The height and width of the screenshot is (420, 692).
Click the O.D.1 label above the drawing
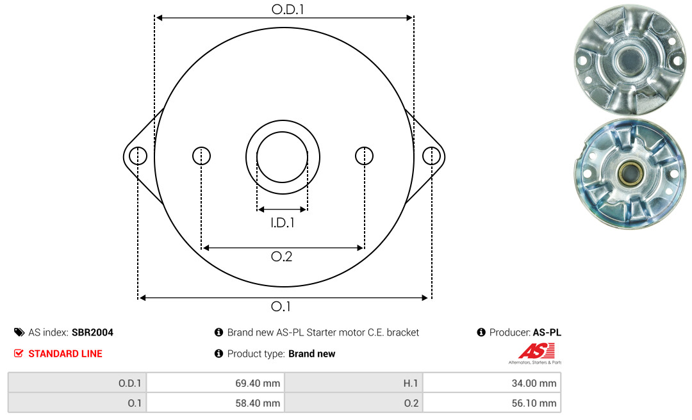click(x=288, y=9)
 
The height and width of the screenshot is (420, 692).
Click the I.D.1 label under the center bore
click(x=283, y=223)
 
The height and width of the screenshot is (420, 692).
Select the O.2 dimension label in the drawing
click(x=281, y=256)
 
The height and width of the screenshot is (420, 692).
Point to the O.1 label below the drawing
click(x=281, y=306)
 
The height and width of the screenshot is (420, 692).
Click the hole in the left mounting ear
click(x=138, y=156)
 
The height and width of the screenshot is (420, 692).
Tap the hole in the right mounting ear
click(x=431, y=156)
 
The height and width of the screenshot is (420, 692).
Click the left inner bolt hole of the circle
click(x=202, y=156)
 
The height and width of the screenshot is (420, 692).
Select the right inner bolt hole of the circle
click(x=364, y=156)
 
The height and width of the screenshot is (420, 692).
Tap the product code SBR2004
click(x=93, y=332)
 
